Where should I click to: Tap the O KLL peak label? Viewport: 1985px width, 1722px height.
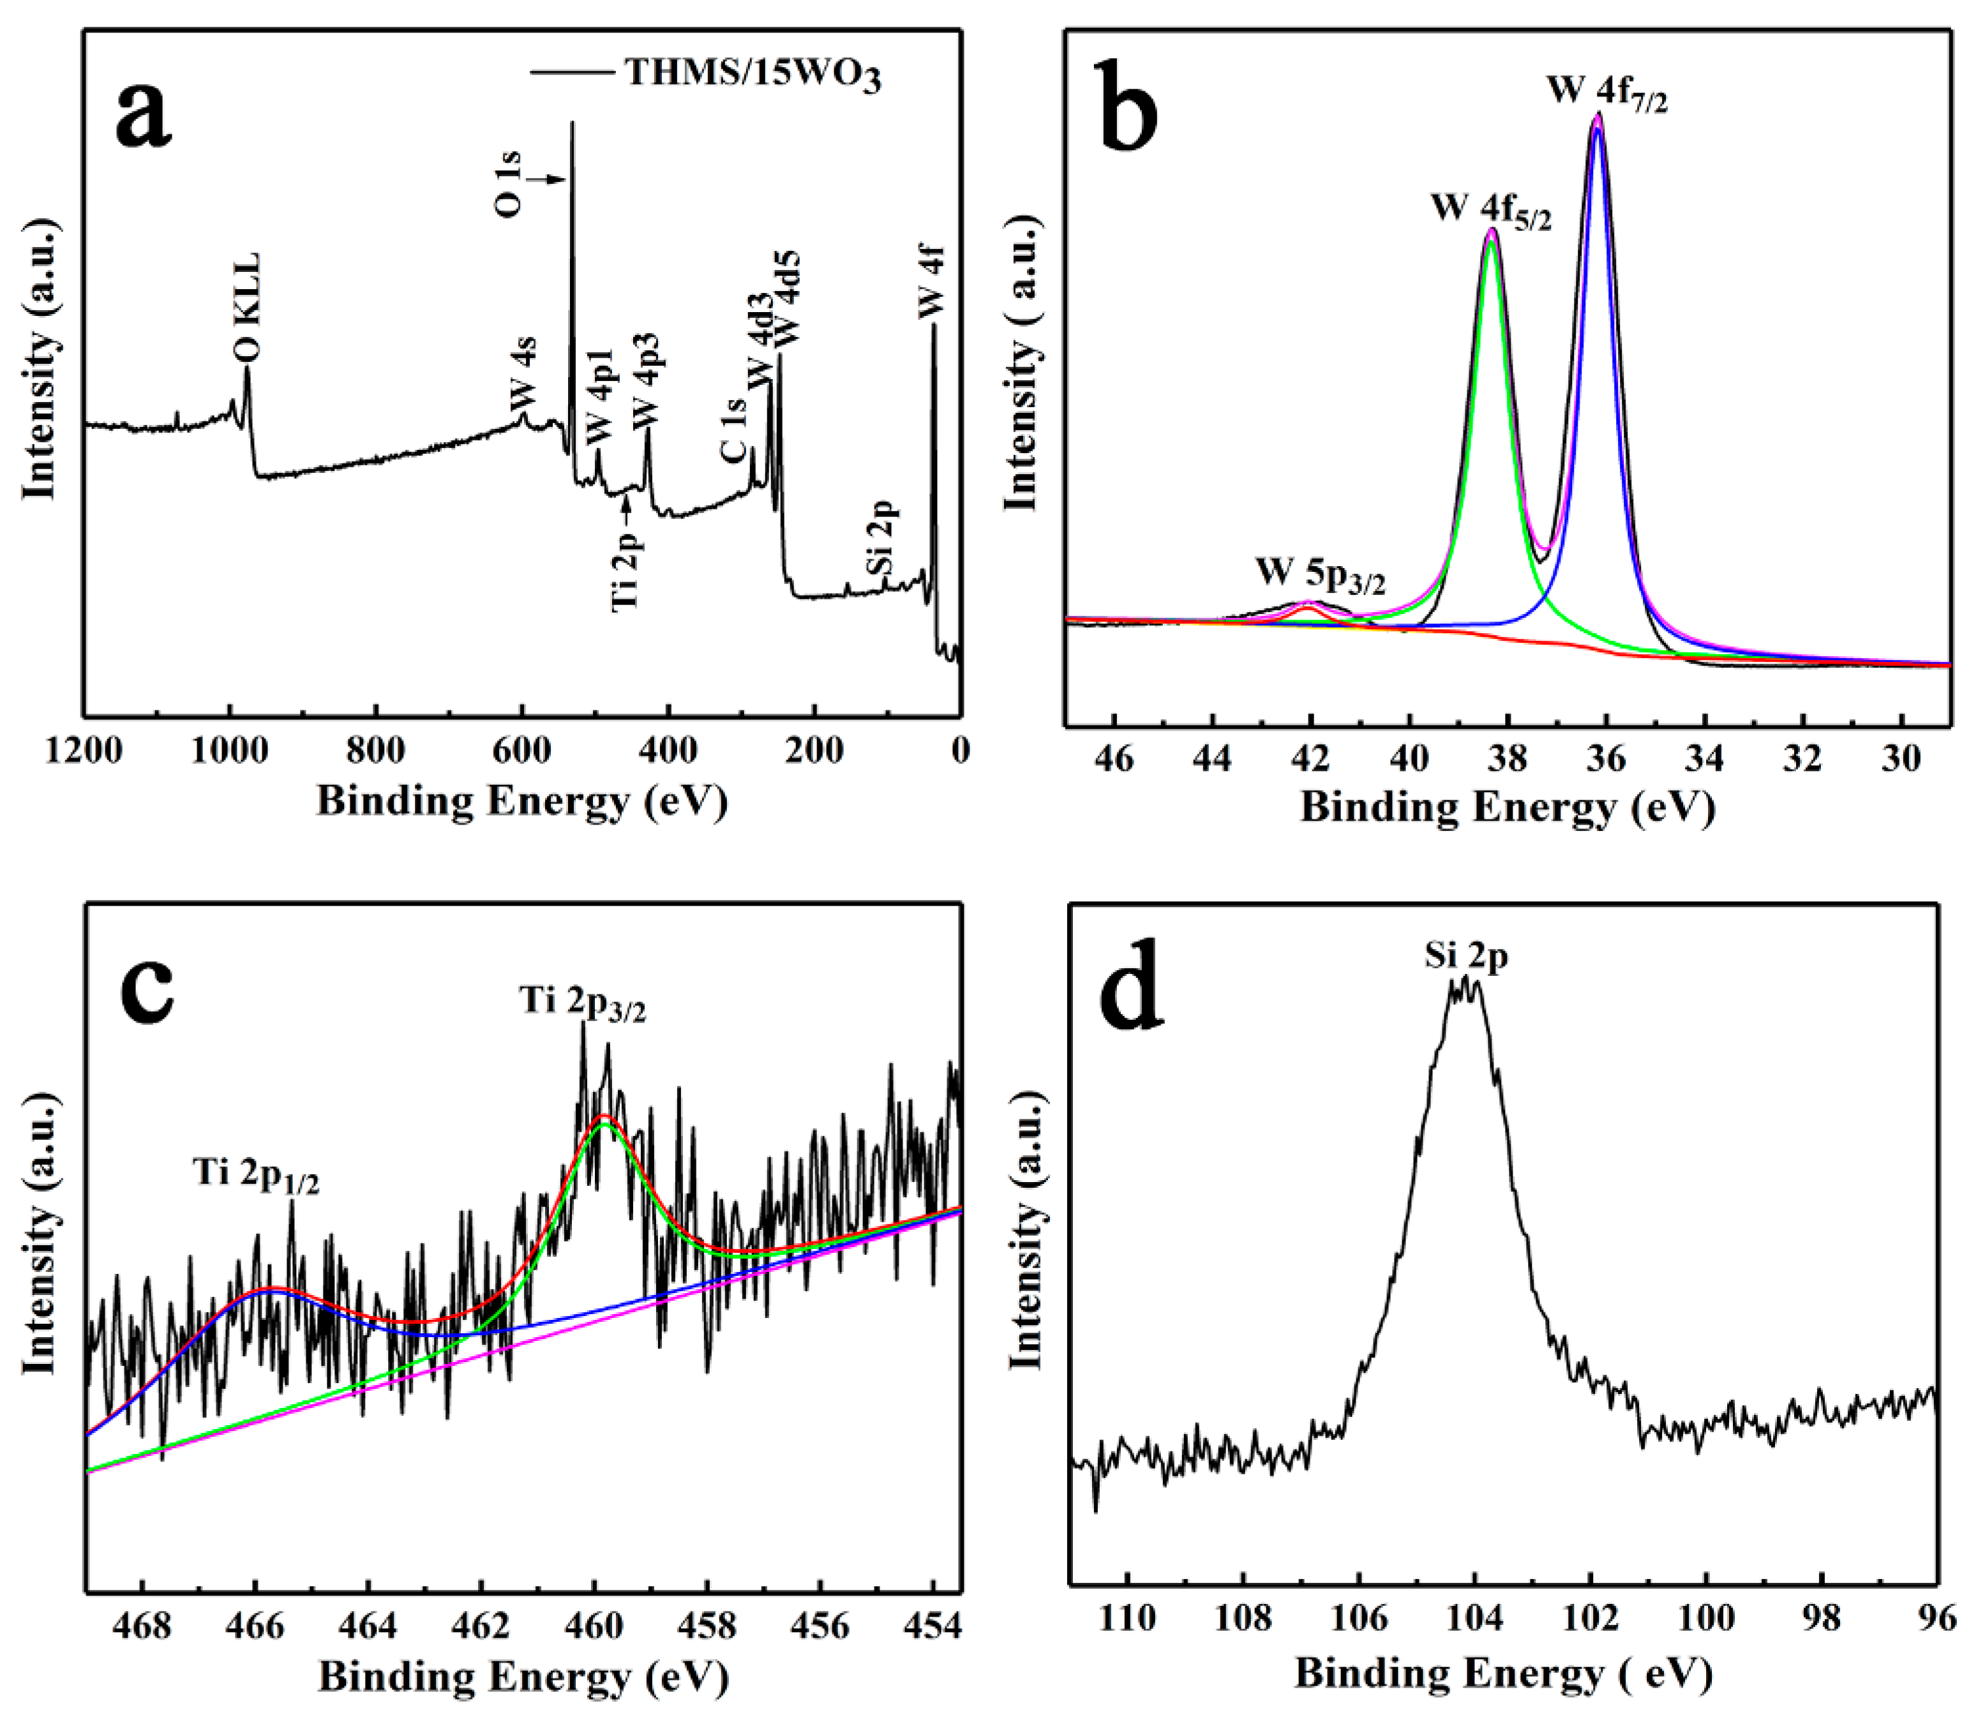tap(247, 308)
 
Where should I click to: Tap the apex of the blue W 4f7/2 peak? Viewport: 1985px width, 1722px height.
tap(1597, 130)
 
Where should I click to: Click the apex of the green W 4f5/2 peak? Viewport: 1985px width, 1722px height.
tap(1491, 240)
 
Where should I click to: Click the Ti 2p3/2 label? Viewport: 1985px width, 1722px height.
tap(582, 1002)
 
